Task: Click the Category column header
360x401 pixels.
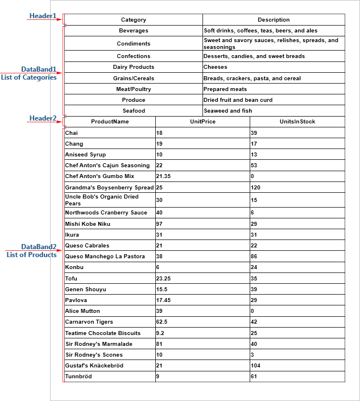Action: pos(134,20)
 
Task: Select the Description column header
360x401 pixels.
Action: pos(274,20)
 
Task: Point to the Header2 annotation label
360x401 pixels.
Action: pos(43,118)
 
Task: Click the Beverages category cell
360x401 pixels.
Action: pos(134,31)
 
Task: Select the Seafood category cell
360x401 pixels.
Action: pos(134,110)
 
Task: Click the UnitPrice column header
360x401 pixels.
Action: pos(202,122)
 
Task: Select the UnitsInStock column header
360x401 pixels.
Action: pos(297,122)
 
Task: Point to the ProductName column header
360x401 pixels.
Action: pos(110,122)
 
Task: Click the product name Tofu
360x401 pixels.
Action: pos(71,279)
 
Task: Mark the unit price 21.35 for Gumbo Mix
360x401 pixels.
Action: pos(164,176)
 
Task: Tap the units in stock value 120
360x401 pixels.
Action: pos(256,187)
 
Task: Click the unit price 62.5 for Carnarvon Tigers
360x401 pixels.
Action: pos(162,322)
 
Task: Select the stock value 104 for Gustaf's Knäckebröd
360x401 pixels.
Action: pos(256,366)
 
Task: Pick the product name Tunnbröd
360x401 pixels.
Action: pos(78,377)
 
